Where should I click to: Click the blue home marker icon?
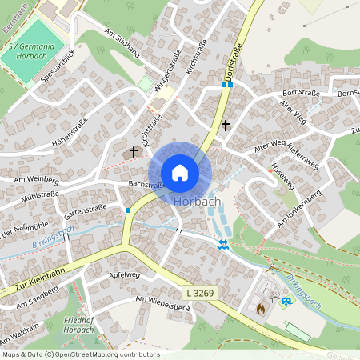point(180,172)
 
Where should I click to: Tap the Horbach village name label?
point(196,201)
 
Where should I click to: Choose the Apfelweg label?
point(124,274)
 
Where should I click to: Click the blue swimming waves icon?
point(224,244)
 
